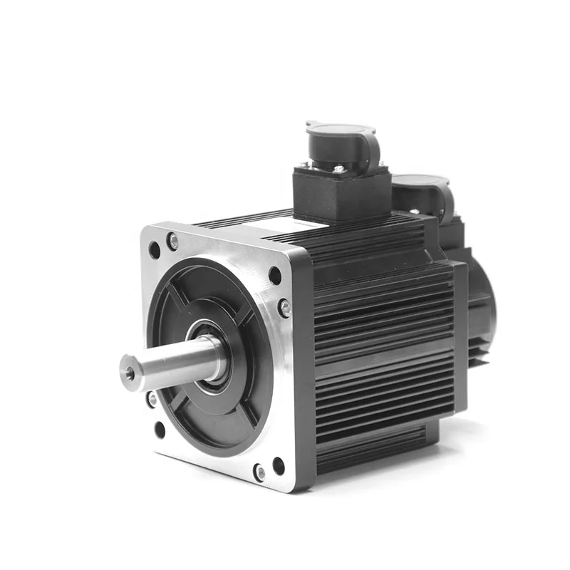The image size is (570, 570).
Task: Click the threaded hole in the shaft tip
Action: (x=130, y=373)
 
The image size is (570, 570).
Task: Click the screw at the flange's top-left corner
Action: (x=172, y=242)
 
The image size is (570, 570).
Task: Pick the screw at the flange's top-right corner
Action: (x=284, y=308)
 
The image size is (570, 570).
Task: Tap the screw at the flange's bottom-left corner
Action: (x=152, y=400)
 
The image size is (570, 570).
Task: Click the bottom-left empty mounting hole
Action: (x=160, y=429)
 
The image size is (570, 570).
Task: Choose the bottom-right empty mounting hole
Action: (x=278, y=467)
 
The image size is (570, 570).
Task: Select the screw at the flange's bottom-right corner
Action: (x=259, y=472)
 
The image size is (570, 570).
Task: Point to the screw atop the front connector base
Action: (x=338, y=169)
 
